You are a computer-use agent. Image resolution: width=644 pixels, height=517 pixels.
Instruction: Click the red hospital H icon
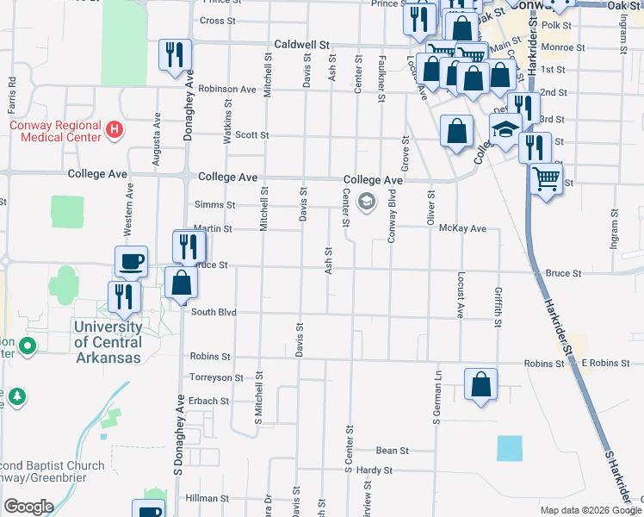click(115, 131)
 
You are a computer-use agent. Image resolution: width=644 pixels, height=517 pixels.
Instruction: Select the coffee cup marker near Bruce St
click(131, 260)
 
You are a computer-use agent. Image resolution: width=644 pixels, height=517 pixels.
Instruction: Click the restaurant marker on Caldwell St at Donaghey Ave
click(175, 53)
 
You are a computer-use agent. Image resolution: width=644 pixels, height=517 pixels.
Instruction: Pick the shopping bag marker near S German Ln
click(481, 383)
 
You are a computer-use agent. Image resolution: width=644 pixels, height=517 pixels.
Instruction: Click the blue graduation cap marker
click(505, 131)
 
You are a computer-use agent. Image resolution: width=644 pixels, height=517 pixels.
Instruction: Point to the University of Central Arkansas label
click(108, 342)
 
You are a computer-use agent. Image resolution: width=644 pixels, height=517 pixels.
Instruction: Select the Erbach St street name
click(210, 401)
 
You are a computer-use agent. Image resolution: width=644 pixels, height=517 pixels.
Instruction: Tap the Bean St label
click(392, 451)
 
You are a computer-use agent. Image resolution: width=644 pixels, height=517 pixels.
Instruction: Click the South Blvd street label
click(214, 312)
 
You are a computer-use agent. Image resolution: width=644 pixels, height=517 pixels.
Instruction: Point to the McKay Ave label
click(462, 228)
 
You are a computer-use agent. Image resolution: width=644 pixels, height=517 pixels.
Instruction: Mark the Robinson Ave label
click(226, 89)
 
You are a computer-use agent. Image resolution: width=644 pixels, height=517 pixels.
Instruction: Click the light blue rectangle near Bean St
click(510, 448)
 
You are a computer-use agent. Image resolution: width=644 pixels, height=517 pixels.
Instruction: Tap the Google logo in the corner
click(28, 507)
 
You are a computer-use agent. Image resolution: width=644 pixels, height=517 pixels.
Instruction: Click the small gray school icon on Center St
click(366, 202)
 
